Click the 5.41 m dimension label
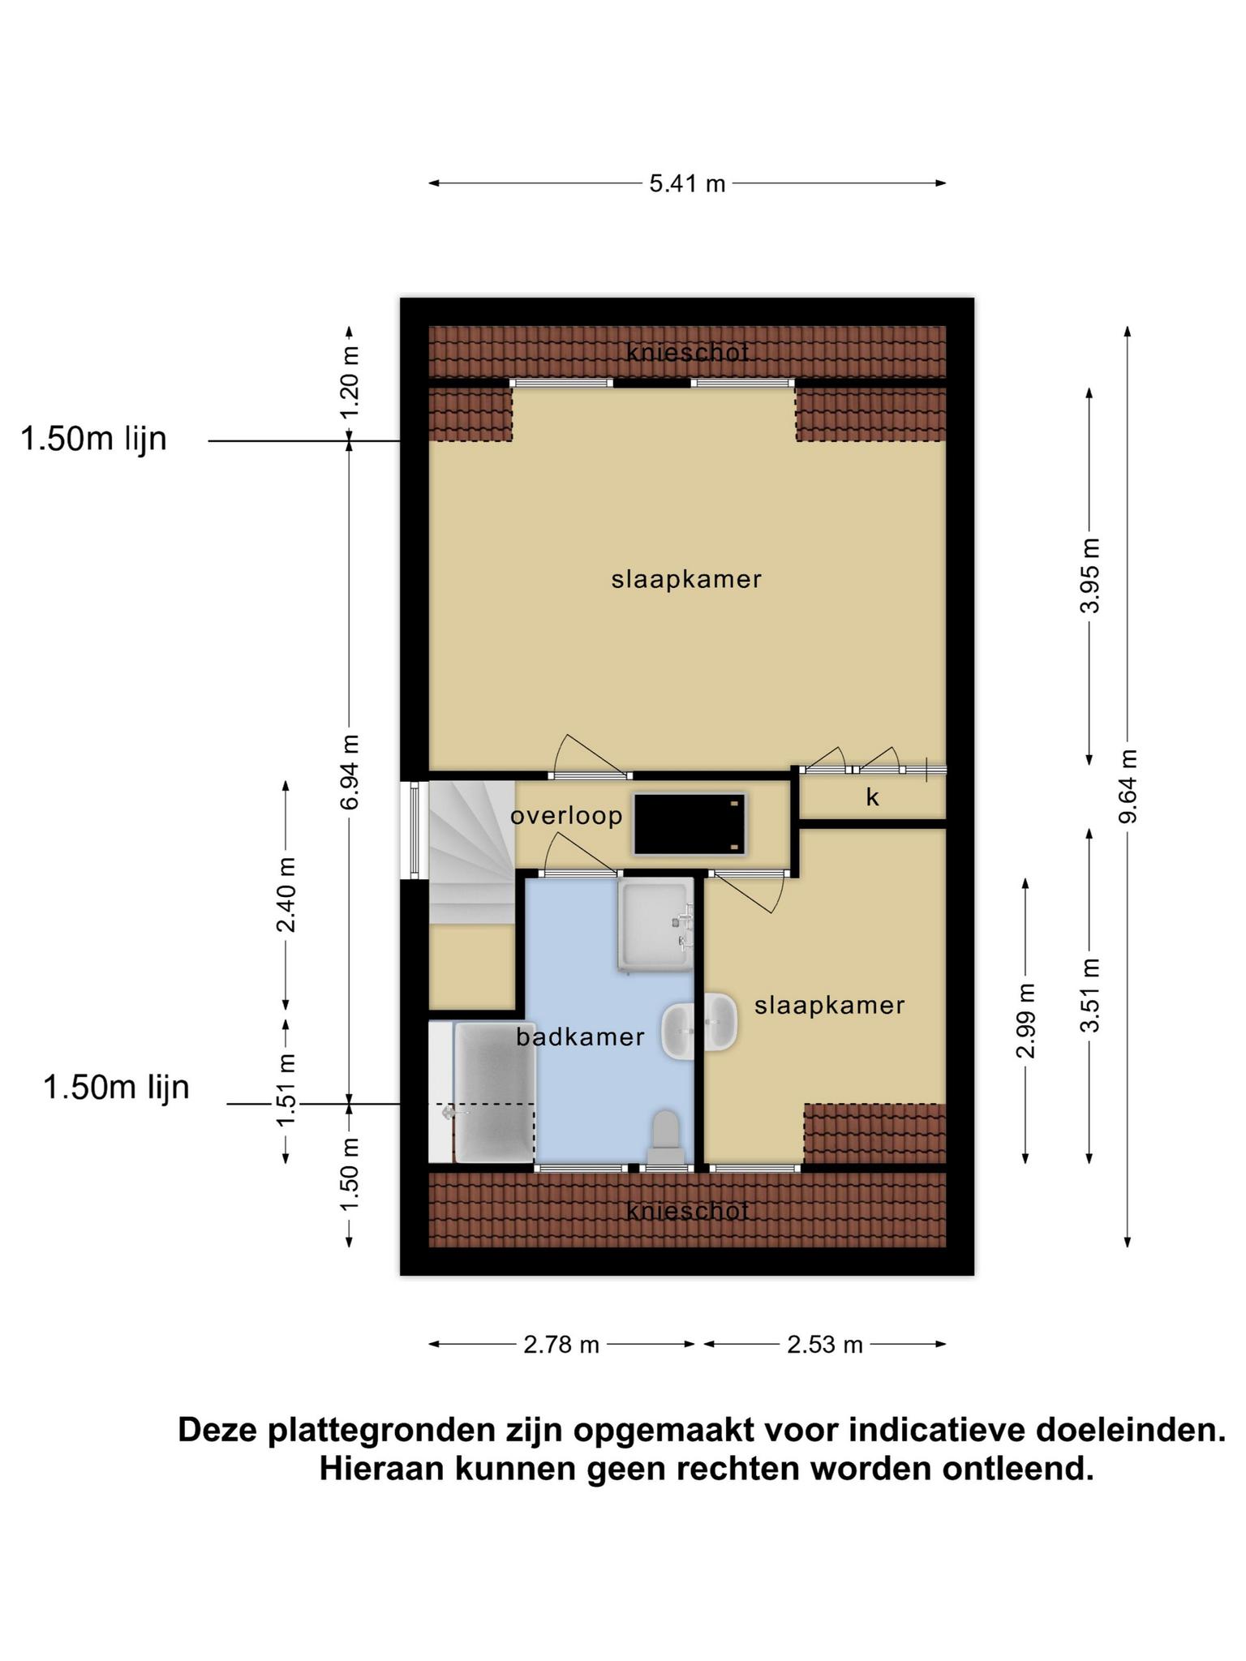[x=686, y=184]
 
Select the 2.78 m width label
[x=561, y=1345]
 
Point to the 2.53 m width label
[x=824, y=1345]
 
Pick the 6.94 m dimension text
[x=350, y=772]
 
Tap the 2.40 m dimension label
[x=286, y=895]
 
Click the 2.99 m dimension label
[x=1026, y=1020]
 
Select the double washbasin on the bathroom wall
[x=699, y=1025]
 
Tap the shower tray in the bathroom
[x=655, y=924]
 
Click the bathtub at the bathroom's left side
[x=494, y=1092]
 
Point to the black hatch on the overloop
[x=690, y=823]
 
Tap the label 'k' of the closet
[x=873, y=797]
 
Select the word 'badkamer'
[x=581, y=1037]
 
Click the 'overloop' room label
[x=566, y=816]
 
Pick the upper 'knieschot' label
[x=687, y=353]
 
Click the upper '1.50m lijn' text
[x=93, y=439]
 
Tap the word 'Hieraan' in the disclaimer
[x=381, y=1469]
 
